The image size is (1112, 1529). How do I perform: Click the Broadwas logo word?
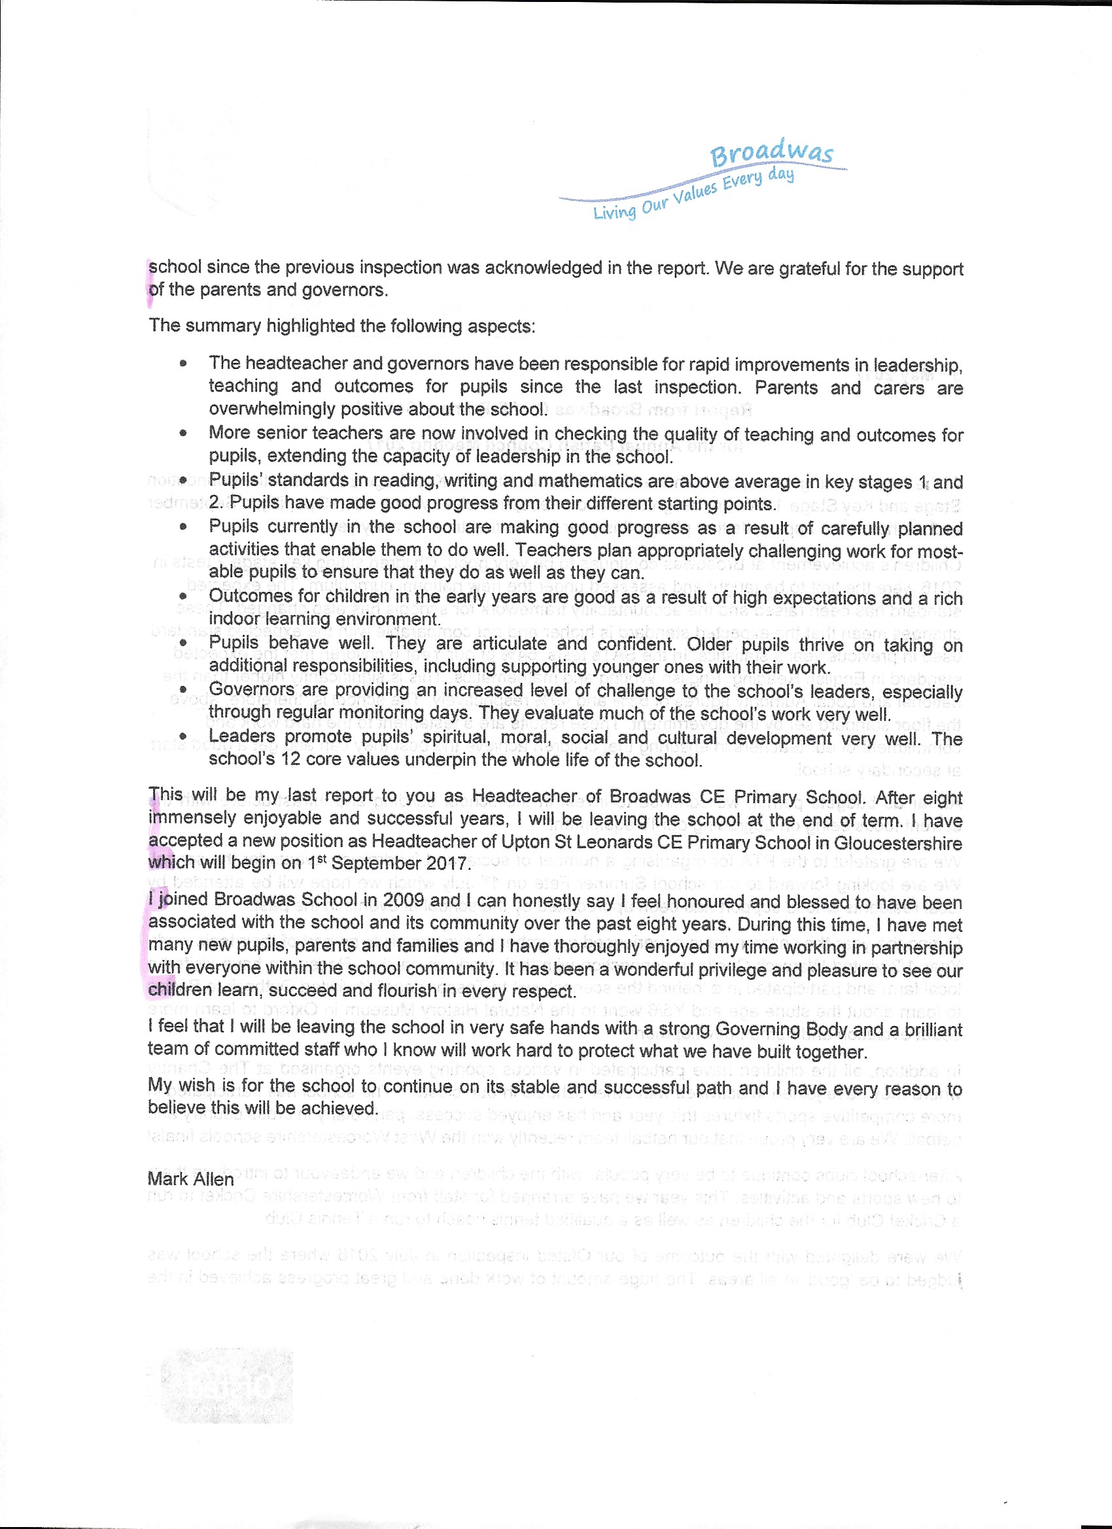coord(772,152)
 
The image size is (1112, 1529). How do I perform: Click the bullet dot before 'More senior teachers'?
coord(182,434)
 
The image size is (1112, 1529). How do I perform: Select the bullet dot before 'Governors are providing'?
coord(182,690)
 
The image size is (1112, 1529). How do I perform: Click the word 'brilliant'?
coord(925,1029)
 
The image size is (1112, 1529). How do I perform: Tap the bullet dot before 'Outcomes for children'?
coord(182,596)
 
